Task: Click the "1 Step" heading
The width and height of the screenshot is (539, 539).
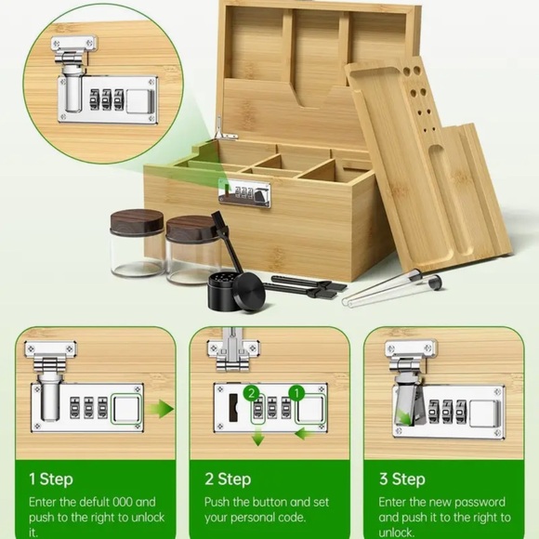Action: coord(50,479)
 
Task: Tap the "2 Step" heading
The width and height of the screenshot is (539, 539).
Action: coord(228,479)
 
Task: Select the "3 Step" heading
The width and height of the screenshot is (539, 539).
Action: coord(402,479)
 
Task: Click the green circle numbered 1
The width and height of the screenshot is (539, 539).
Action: coord(296,392)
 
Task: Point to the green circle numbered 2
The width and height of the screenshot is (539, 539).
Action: coord(252,393)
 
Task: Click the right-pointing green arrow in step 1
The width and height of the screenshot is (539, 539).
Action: coord(161,410)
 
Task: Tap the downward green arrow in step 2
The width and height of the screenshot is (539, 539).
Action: coord(257,439)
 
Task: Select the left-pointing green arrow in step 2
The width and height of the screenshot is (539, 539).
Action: coord(304,435)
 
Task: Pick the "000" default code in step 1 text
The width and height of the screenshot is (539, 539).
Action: coord(123,502)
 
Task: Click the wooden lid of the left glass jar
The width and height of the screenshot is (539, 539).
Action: coord(137,222)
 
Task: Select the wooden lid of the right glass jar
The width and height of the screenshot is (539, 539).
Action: coord(191,229)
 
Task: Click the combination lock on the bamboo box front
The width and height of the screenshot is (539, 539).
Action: coord(244,193)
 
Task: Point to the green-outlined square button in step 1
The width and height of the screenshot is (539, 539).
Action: coord(125,409)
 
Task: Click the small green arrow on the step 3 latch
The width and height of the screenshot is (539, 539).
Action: coord(404,417)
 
